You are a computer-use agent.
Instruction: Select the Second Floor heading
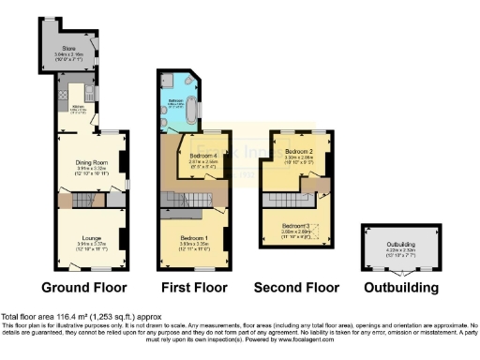tap(298, 286)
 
